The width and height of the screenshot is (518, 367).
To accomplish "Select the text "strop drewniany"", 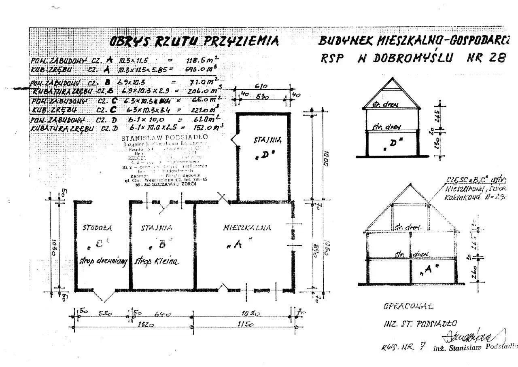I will [104, 261].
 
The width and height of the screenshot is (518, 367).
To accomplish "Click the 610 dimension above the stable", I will [265, 86].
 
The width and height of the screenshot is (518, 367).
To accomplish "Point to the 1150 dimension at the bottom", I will [245, 324].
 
